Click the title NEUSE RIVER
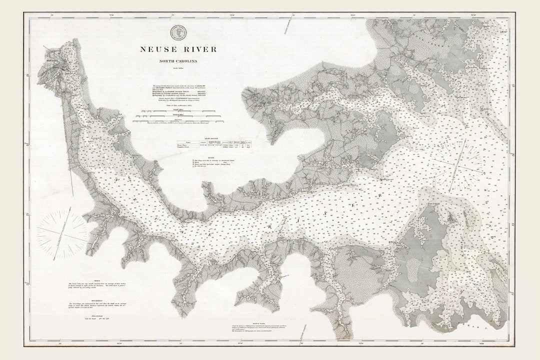[178, 49]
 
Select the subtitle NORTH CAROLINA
[178, 62]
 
